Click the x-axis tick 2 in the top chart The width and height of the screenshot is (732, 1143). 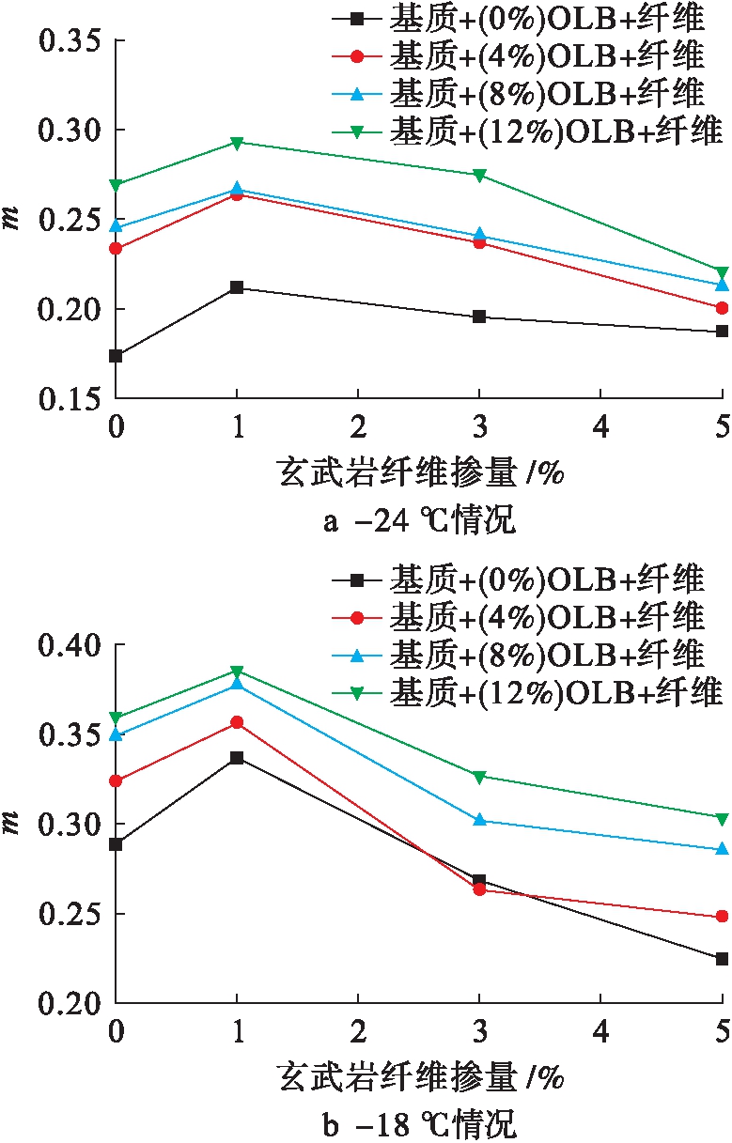tap(358, 426)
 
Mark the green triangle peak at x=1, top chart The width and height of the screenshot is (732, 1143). tap(237, 143)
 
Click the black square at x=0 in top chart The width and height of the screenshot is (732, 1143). tap(116, 356)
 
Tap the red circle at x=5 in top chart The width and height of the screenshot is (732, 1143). tap(722, 308)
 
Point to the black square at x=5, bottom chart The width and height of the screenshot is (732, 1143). tap(722, 959)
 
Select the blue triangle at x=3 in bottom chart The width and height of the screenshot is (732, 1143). tap(479, 820)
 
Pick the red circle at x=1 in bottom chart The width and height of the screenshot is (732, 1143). tap(237, 722)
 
